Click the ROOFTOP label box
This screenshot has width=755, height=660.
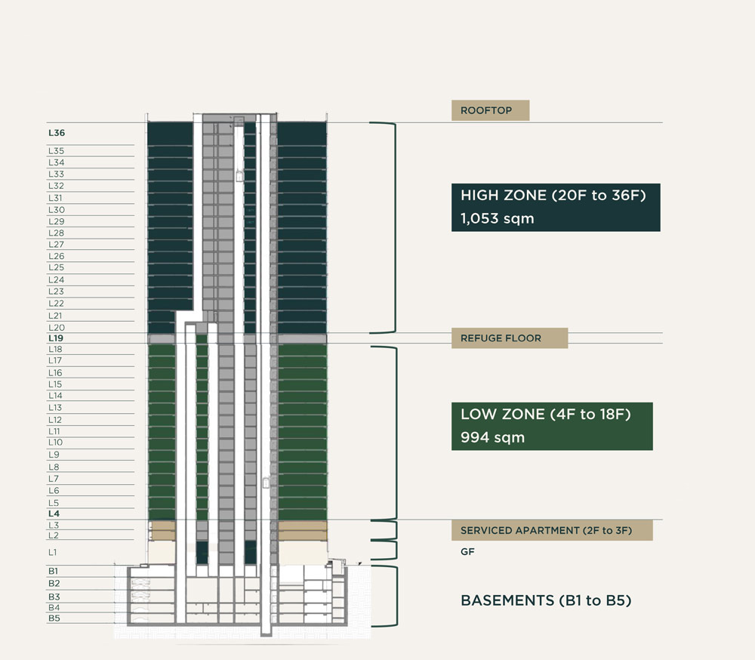tap(490, 110)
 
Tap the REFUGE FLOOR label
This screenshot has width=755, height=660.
tap(501, 338)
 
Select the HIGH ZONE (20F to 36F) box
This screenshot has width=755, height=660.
tap(556, 207)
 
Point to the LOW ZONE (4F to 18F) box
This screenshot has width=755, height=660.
tap(552, 426)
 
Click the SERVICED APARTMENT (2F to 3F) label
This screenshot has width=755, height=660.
tap(552, 531)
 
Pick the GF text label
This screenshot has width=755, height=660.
tap(467, 552)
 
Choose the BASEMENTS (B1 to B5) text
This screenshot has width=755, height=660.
tap(546, 601)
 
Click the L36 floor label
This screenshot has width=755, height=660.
tap(57, 133)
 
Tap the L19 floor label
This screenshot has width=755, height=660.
tap(56, 339)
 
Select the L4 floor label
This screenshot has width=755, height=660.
tap(54, 514)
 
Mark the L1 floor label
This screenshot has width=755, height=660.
tap(53, 552)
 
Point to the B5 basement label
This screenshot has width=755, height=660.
tap(54, 618)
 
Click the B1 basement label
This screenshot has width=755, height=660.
tap(54, 571)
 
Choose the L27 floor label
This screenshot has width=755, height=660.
tap(56, 245)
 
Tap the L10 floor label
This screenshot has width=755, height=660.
tap(55, 443)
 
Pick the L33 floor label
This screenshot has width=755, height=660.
tap(56, 174)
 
